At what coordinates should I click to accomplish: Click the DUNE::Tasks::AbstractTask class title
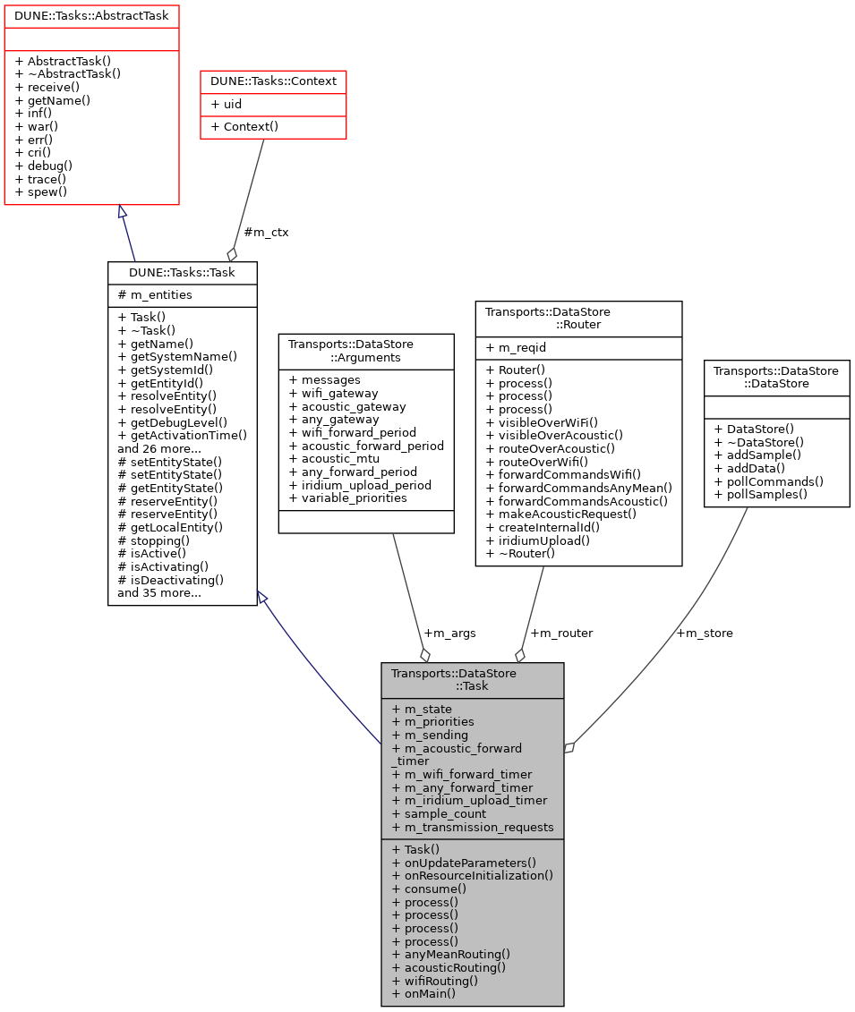91,15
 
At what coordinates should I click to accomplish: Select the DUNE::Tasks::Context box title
273,81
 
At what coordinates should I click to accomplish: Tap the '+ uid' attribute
227,104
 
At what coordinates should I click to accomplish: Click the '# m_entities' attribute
155,295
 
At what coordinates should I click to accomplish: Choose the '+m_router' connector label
560,633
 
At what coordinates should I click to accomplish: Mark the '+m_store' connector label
704,633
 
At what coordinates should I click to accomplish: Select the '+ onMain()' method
423,993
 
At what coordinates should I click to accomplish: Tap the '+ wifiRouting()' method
434,980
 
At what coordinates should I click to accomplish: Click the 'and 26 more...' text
158,448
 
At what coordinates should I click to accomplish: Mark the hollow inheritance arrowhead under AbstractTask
123,212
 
